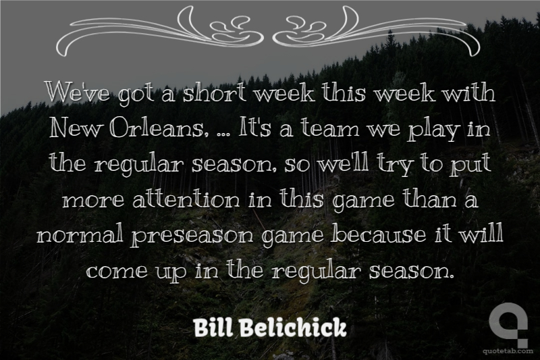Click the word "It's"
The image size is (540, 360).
(x=251, y=128)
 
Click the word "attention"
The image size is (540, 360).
(x=186, y=200)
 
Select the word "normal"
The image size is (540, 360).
(x=80, y=236)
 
